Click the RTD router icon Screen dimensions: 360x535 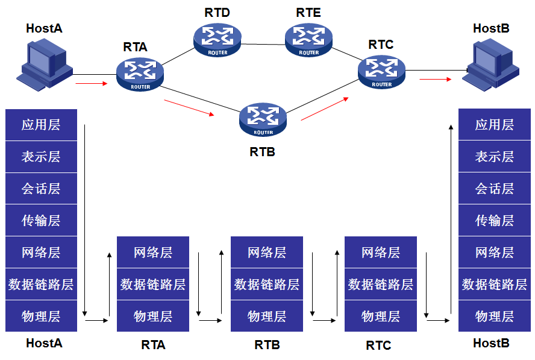(216, 39)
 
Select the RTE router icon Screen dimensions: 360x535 (308, 39)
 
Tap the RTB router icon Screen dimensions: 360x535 (263, 119)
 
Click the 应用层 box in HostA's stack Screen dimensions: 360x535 (41, 125)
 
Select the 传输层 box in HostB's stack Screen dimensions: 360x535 (494, 221)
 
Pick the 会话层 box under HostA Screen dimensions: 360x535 (41, 189)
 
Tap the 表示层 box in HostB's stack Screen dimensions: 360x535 (494, 157)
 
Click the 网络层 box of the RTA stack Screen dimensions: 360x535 (152, 253)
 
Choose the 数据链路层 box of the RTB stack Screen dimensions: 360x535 (266, 284)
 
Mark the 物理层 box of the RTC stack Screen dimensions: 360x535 (380, 316)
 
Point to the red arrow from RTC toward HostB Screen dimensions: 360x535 (435, 79)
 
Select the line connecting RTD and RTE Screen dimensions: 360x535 (262, 44)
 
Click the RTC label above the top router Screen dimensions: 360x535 (381, 45)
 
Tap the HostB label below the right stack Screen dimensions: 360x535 (491, 343)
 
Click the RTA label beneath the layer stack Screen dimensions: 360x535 (153, 345)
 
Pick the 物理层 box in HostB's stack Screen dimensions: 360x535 (494, 316)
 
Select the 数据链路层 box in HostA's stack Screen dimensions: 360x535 (41, 284)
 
